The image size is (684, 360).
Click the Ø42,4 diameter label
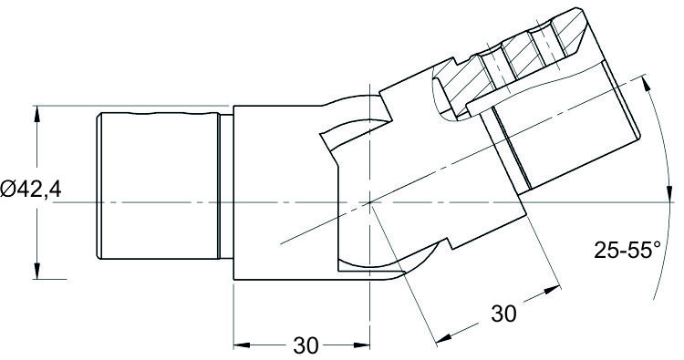31,190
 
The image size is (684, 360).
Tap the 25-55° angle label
627,251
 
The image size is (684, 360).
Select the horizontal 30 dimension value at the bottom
306,345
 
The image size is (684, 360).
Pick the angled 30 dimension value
503,314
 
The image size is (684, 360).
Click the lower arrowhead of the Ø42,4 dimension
36,271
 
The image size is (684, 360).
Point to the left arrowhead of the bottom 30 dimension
242,345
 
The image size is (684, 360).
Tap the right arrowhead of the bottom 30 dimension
362,345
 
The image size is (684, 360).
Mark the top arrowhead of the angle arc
647,84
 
